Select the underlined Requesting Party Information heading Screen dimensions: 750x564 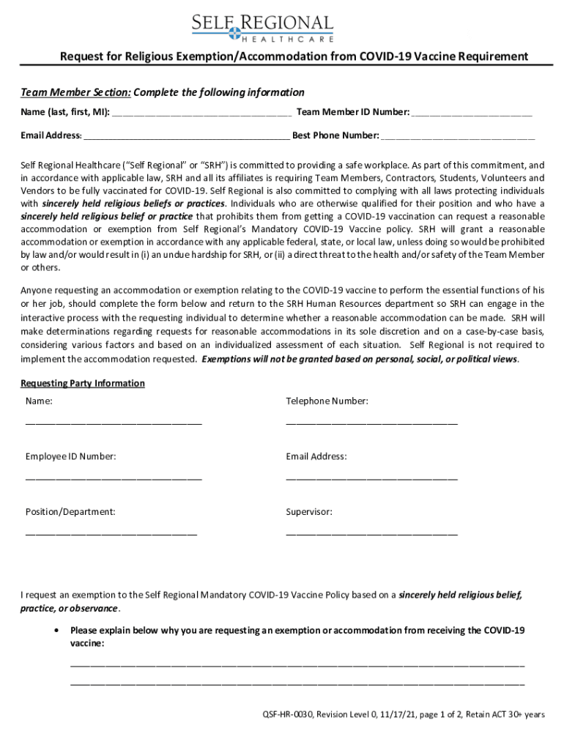click(83, 383)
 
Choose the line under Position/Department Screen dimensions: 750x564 click(111, 533)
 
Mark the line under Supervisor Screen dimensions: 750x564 click(371, 533)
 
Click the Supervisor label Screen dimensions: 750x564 click(309, 512)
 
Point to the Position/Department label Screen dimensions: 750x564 click(70, 512)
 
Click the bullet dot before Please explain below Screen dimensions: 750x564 click(57, 630)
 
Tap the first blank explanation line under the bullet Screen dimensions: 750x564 click(297, 664)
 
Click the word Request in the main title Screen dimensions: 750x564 click(81, 56)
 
